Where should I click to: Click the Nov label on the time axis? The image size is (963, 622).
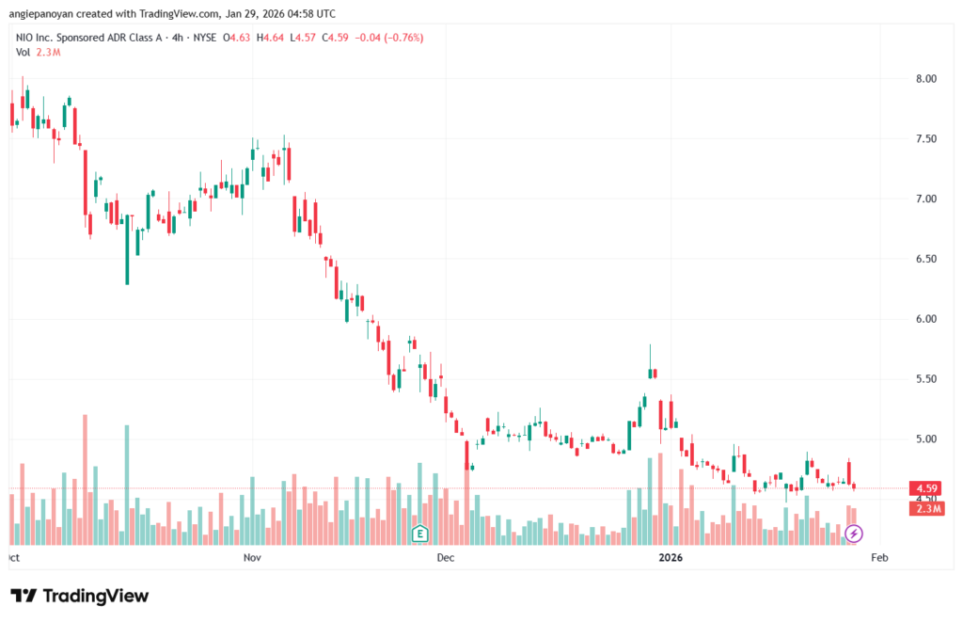[x=251, y=558]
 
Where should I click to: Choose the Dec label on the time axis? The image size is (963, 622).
[x=446, y=558]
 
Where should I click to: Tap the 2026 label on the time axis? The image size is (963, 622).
[x=670, y=558]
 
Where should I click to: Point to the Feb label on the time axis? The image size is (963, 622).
[x=879, y=558]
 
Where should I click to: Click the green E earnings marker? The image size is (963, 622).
[x=421, y=534]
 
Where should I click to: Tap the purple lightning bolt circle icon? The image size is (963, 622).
[x=853, y=534]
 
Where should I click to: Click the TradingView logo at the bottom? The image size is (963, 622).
[x=80, y=596]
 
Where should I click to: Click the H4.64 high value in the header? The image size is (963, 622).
[x=272, y=38]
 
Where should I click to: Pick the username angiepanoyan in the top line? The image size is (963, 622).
[x=44, y=14]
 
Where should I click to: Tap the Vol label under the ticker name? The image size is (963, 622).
[x=24, y=52]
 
